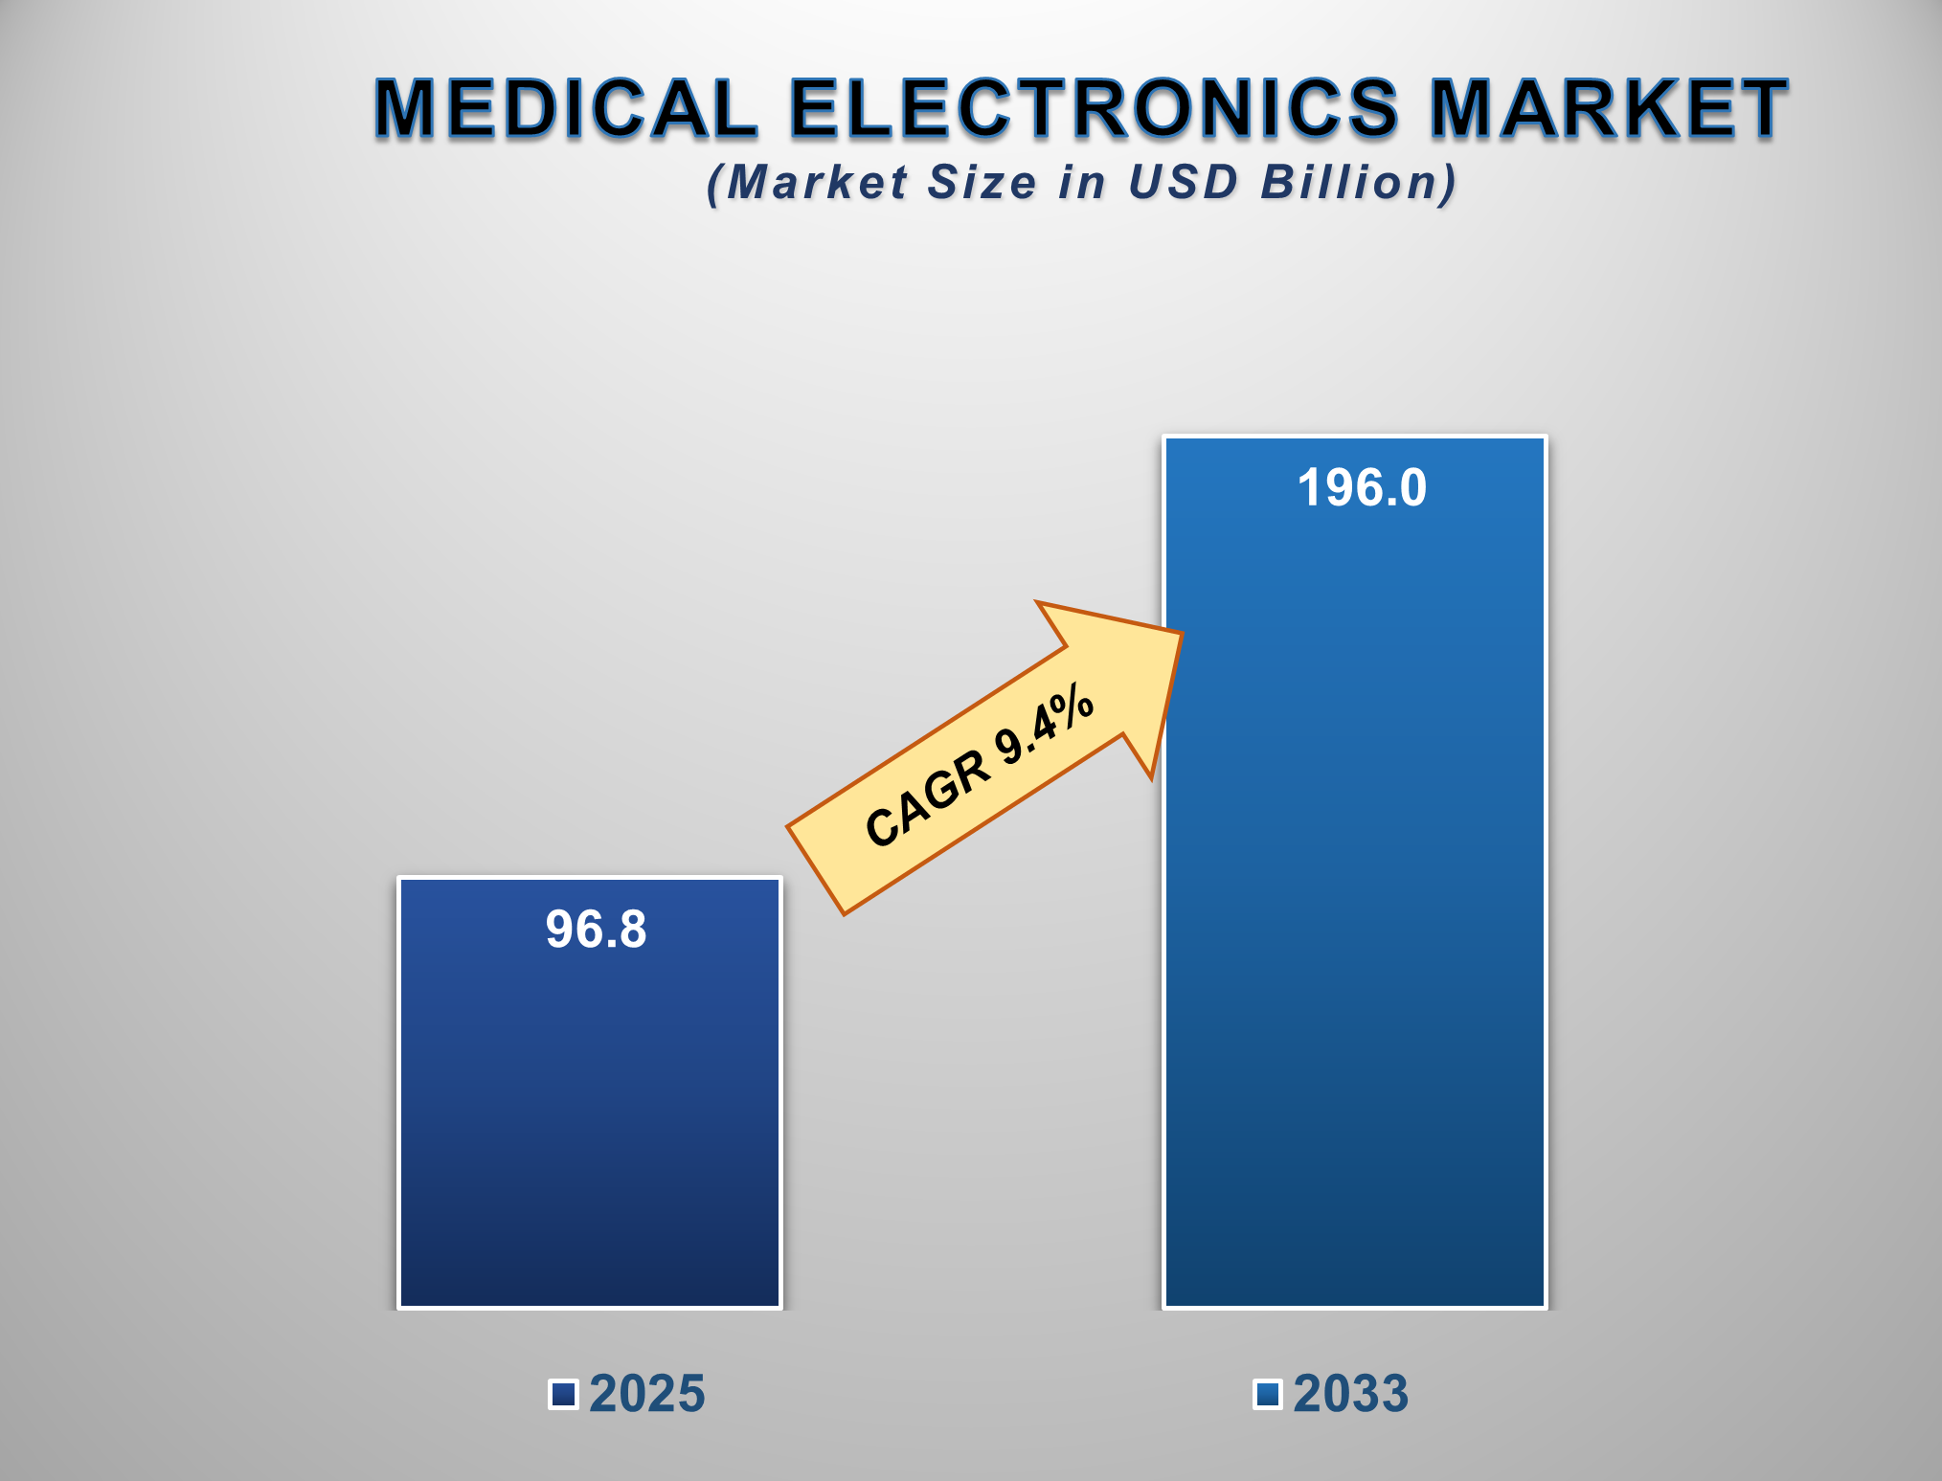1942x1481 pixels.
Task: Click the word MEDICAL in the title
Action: [565, 107]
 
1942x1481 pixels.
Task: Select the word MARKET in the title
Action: [1608, 107]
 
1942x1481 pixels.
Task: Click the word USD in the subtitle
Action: [1184, 182]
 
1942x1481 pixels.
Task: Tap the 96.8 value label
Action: [596, 929]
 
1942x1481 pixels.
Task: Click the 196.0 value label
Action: [1362, 487]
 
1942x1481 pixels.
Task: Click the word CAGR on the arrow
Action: [926, 798]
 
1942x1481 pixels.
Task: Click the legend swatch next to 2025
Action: [563, 1394]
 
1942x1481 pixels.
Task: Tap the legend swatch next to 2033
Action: [1268, 1394]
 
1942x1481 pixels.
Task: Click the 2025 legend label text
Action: [647, 1394]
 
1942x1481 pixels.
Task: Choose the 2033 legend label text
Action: [1351, 1394]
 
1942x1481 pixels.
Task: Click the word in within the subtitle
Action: [1081, 182]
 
